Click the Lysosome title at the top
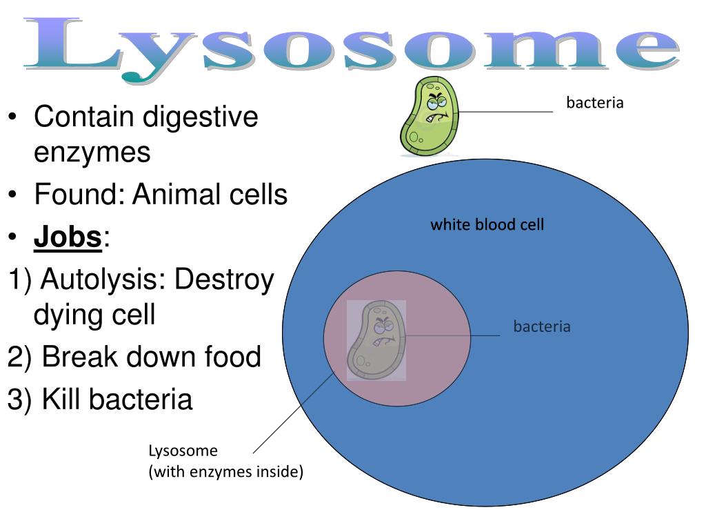[x=352, y=45]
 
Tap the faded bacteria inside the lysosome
[x=375, y=340]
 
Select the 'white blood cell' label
[x=487, y=224]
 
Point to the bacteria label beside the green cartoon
[x=594, y=104]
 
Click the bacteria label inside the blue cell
[x=542, y=326]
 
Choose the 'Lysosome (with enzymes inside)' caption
[x=225, y=462]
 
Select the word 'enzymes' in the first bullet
[x=92, y=152]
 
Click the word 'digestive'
[x=200, y=117]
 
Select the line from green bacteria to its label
[x=507, y=111]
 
